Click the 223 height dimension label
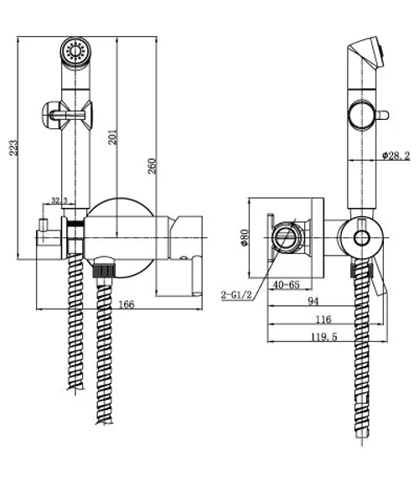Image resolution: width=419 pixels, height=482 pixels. coord(13,148)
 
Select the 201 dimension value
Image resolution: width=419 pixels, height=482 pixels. coord(113,137)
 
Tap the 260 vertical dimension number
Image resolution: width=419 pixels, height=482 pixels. coord(152,166)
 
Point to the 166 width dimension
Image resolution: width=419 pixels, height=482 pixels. coord(127,304)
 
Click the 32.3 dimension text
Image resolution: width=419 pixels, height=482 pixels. coord(59,200)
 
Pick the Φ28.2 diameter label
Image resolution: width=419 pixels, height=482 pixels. coord(396,156)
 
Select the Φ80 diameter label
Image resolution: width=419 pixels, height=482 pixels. coord(245,237)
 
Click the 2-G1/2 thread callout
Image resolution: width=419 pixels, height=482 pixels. coord(236,295)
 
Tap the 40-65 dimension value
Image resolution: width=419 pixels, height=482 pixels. coord(287,284)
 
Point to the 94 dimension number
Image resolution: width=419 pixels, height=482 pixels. coord(313,301)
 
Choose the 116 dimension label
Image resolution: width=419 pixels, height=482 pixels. coord(323,319)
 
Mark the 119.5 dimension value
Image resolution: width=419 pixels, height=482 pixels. coord(324,337)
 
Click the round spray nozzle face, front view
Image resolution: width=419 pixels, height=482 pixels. coord(75,51)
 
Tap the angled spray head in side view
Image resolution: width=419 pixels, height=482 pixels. coord(366,54)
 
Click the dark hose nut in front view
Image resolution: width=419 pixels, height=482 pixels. coord(104,268)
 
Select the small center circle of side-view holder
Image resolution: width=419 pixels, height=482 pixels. coord(361,238)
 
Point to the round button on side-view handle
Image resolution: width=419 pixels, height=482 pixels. coord(362,115)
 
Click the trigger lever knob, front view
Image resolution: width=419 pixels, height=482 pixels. coord(50,115)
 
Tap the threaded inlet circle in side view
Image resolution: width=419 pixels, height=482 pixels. coord(285,237)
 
